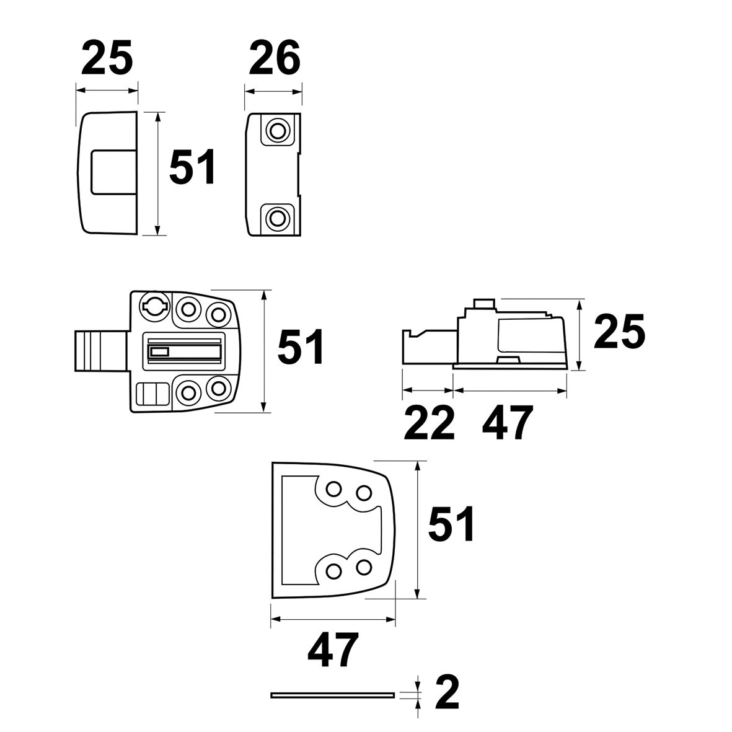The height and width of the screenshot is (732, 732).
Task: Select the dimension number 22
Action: pyautogui.click(x=428, y=423)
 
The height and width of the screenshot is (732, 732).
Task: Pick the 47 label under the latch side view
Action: pyautogui.click(x=507, y=423)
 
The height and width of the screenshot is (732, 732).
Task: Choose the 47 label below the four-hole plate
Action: pyautogui.click(x=333, y=651)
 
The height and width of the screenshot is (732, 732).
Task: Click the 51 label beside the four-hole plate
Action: pyautogui.click(x=451, y=524)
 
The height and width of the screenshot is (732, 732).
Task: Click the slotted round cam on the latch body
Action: pyautogui.click(x=154, y=304)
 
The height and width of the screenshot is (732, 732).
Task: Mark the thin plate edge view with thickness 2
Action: pyautogui.click(x=333, y=694)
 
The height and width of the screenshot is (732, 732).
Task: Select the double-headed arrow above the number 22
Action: pyautogui.click(x=428, y=390)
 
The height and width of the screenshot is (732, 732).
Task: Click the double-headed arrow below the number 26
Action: pyautogui.click(x=273, y=90)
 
